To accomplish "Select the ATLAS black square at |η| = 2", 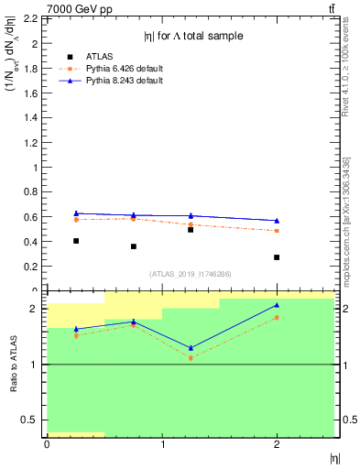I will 277,257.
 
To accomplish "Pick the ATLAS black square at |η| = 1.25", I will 191,230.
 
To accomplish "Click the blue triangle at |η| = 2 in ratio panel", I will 277,305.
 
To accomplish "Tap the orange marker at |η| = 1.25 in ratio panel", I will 191,358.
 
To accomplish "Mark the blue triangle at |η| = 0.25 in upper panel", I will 76,213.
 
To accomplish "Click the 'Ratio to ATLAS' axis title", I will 15,365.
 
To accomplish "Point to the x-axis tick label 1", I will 162,444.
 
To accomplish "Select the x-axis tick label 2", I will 277,444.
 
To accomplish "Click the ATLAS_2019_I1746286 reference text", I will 191,274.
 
